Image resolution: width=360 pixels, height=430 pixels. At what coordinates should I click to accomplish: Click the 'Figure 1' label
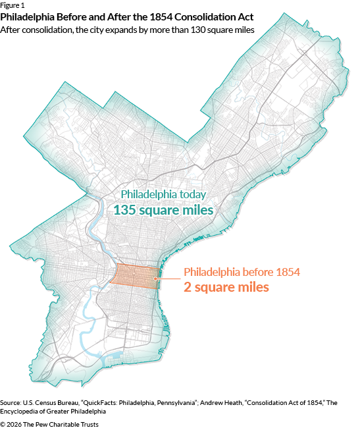pos(13,5)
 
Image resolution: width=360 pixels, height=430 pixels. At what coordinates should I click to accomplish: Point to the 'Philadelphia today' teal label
pos(163,195)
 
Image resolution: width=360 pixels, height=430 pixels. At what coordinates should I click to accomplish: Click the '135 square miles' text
pos(163,210)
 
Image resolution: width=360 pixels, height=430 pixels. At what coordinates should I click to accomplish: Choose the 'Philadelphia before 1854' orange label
pos(242,272)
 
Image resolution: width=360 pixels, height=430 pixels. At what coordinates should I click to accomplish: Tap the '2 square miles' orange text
pos(226,287)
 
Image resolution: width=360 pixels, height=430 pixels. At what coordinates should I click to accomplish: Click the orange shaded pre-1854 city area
pos(135,275)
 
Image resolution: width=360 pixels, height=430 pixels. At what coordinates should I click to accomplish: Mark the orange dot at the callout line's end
pos(155,279)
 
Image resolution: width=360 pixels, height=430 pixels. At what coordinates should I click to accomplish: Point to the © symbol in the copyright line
pos(3,424)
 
